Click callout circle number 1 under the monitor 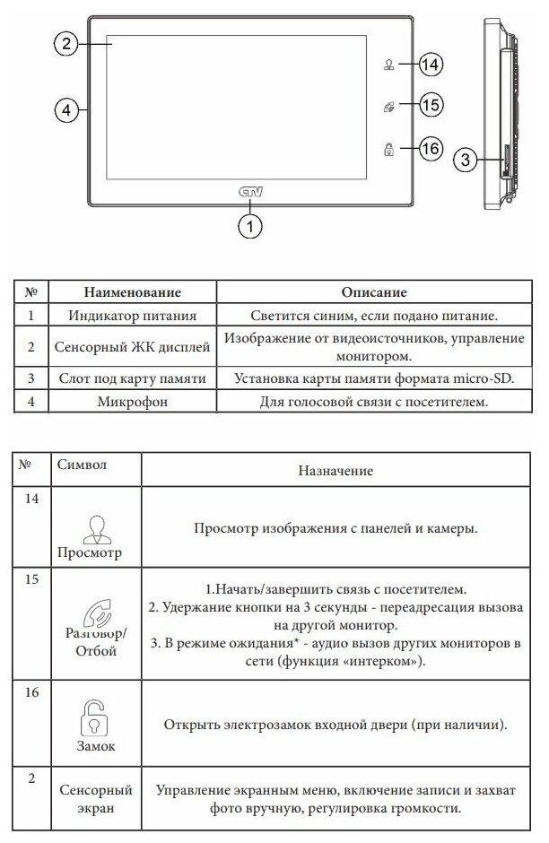(250, 227)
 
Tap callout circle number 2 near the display (65, 43)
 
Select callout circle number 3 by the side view (464, 161)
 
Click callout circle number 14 (431, 65)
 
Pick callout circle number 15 (431, 106)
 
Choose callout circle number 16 (431, 148)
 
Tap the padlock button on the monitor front (389, 149)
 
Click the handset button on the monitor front (389, 107)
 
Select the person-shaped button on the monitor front (389, 65)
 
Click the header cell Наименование (132, 292)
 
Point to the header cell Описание (374, 292)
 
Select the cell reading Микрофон (132, 402)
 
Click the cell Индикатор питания (132, 316)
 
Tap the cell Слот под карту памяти (132, 378)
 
